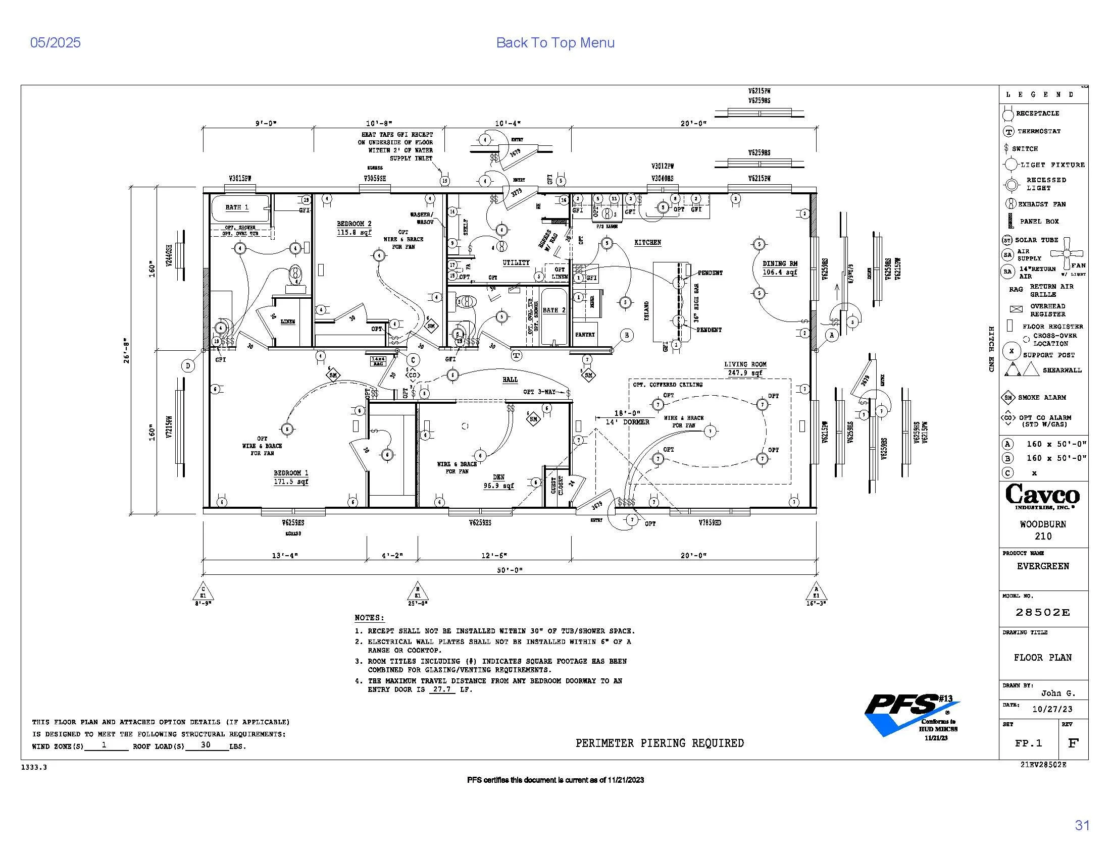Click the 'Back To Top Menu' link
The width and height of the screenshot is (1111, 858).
555,43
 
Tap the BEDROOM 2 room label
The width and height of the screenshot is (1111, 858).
354,224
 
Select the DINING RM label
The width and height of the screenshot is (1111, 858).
780,264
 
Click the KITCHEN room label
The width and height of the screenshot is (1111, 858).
647,242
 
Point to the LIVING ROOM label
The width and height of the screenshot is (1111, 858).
745,364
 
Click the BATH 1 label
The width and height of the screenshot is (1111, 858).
237,207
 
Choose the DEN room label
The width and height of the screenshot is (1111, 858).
498,477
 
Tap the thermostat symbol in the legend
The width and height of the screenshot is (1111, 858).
1008,132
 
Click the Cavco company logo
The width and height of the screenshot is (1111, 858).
1042,496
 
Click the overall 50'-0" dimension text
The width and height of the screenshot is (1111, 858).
510,570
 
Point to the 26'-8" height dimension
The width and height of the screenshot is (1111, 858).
127,351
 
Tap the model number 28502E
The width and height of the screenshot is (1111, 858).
1043,613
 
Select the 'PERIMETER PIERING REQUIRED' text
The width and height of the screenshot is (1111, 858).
659,743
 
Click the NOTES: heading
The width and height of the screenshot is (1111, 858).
369,618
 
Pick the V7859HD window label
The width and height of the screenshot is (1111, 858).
710,522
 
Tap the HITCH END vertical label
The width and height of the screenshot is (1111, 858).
991,349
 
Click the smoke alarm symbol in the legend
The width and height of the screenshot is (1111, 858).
1008,398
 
